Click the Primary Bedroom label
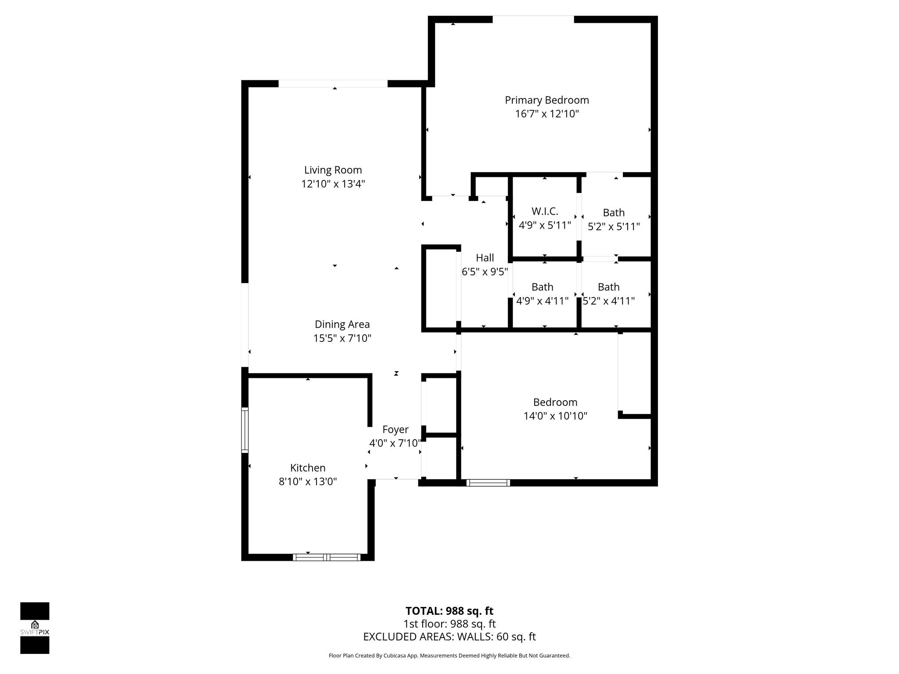(547, 100)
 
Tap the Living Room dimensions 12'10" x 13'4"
(333, 184)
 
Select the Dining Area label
(342, 324)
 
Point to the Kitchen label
(307, 468)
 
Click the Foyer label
(395, 430)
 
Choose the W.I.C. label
(544, 212)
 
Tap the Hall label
(485, 258)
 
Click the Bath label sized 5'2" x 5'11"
(613, 213)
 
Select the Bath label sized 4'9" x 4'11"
(542, 287)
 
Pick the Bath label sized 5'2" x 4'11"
(608, 287)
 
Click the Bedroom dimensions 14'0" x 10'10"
(555, 416)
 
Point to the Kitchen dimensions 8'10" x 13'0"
(307, 482)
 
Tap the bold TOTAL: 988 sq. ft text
(449, 611)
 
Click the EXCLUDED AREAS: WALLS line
(449, 637)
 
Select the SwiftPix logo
(35, 628)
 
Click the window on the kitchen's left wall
(245, 430)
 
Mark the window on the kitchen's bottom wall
(327, 557)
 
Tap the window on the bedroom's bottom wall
(488, 483)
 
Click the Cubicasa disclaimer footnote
(449, 656)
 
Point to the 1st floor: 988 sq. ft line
(449, 624)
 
